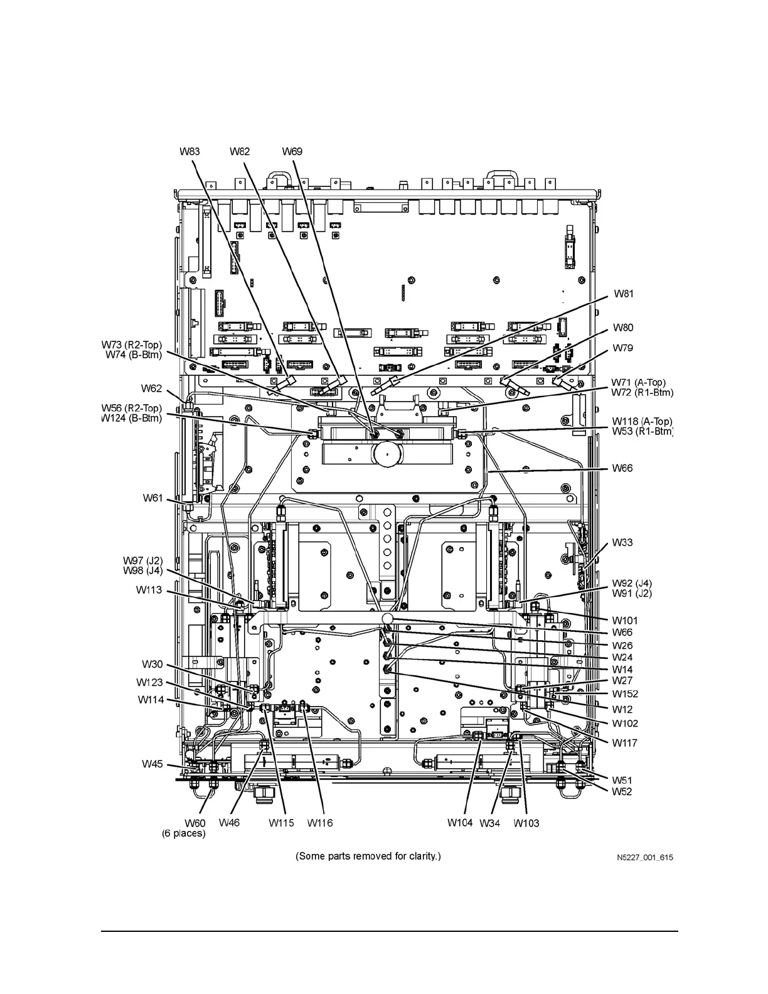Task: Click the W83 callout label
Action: [x=189, y=151]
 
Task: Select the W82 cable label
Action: [x=239, y=151]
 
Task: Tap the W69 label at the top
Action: [x=292, y=151]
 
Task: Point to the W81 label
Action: [x=623, y=293]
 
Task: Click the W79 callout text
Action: [x=623, y=348]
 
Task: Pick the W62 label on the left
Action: [x=151, y=389]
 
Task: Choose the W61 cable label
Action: [x=152, y=498]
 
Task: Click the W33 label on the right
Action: [x=622, y=542]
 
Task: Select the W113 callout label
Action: [x=149, y=590]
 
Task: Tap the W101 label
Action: [x=625, y=621]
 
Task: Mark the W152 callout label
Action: [x=625, y=694]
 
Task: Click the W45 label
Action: [x=152, y=764]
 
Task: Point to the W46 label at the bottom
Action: [x=229, y=823]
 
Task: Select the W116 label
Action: [x=320, y=823]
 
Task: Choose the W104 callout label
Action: [x=460, y=823]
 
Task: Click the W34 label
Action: [x=489, y=823]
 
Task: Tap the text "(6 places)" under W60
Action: [x=184, y=833]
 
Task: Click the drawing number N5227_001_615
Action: [x=644, y=857]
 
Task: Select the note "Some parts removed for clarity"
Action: [x=368, y=856]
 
